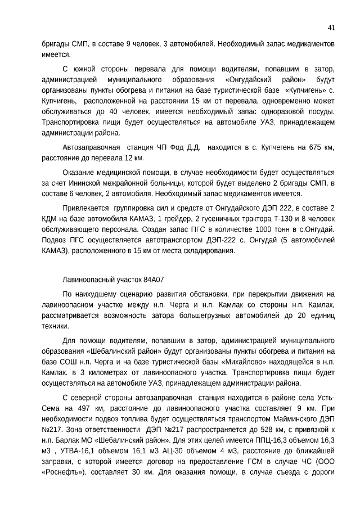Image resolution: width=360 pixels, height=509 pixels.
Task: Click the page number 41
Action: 331,27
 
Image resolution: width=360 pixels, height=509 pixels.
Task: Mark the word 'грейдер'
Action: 172,219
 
